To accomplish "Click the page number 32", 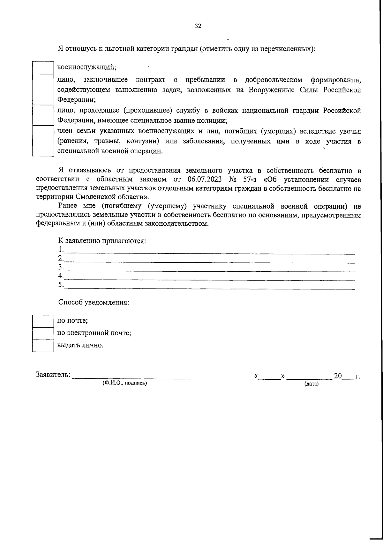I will (198, 26).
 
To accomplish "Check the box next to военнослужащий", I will (43, 68).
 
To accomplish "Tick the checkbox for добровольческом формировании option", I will (43, 89).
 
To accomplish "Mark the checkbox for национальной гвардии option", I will (43, 115).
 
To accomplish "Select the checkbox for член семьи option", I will (43, 141).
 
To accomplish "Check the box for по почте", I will (43, 321).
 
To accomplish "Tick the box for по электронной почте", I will (43, 333).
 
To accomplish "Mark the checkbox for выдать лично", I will (43, 346).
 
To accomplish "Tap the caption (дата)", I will (312, 384).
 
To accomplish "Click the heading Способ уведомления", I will (94, 303).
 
